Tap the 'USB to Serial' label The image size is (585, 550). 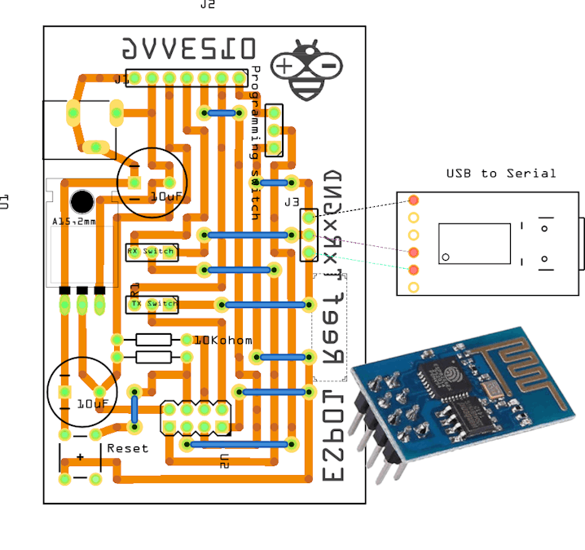(500, 173)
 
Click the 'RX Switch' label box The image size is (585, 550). (151, 252)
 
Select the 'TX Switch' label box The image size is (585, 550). (152, 304)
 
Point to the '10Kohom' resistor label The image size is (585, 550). (222, 340)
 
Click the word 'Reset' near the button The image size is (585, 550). (128, 448)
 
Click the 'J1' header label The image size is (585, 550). (121, 80)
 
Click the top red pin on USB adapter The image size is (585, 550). (414, 200)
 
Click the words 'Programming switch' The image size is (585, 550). (256, 143)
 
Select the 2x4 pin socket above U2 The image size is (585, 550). (195, 417)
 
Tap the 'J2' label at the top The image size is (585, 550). (208, 5)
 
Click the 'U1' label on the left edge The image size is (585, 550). (5, 201)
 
